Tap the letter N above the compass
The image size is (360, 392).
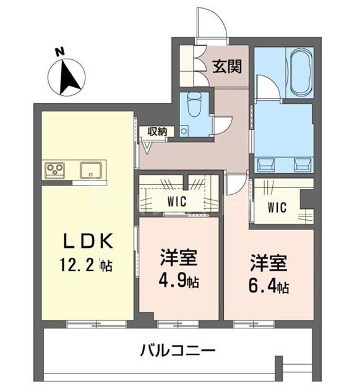(x=59, y=51)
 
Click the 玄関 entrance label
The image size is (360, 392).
(x=227, y=66)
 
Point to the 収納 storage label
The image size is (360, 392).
(x=158, y=131)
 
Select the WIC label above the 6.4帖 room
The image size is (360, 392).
(x=276, y=208)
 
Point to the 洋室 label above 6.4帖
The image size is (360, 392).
(x=268, y=262)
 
